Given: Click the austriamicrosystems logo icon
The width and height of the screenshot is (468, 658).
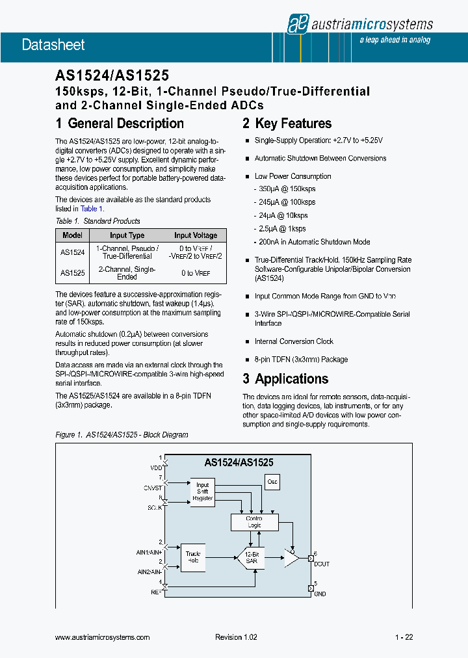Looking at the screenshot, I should pyautogui.click(x=298, y=23).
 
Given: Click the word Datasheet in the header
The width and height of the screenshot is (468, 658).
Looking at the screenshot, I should pyautogui.click(x=53, y=45).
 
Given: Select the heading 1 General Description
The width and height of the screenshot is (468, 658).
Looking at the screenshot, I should pyautogui.click(x=120, y=124).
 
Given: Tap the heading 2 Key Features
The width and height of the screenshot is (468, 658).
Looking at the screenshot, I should pyautogui.click(x=287, y=124).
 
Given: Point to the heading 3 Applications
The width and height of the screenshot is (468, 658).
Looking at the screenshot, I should pyautogui.click(x=285, y=379).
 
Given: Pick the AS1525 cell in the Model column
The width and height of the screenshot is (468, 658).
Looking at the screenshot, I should pyautogui.click(x=72, y=273).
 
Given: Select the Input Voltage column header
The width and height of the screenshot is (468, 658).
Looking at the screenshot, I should pyautogui.click(x=196, y=235).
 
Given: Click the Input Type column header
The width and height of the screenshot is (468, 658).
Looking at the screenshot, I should pyautogui.click(x=127, y=235).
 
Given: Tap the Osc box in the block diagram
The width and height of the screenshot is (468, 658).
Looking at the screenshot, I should pyautogui.click(x=272, y=481).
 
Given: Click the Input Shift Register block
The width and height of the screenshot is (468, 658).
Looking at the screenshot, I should pyautogui.click(x=202, y=492).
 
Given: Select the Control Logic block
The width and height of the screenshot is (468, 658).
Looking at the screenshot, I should pyautogui.click(x=254, y=521).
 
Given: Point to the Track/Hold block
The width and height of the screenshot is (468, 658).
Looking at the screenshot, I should pyautogui.click(x=193, y=557).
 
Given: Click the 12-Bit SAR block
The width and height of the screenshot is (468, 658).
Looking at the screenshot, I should pyautogui.click(x=251, y=557).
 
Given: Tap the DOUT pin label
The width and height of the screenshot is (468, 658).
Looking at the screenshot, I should pyautogui.click(x=321, y=564).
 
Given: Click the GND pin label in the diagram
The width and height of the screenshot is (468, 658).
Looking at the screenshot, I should pyautogui.click(x=320, y=594).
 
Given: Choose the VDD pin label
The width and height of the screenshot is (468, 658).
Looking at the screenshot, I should pyautogui.click(x=156, y=467).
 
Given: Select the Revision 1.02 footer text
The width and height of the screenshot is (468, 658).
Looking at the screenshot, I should pyautogui.click(x=236, y=637).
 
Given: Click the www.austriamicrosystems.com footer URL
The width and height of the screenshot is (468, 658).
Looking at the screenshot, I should pyautogui.click(x=103, y=637).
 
